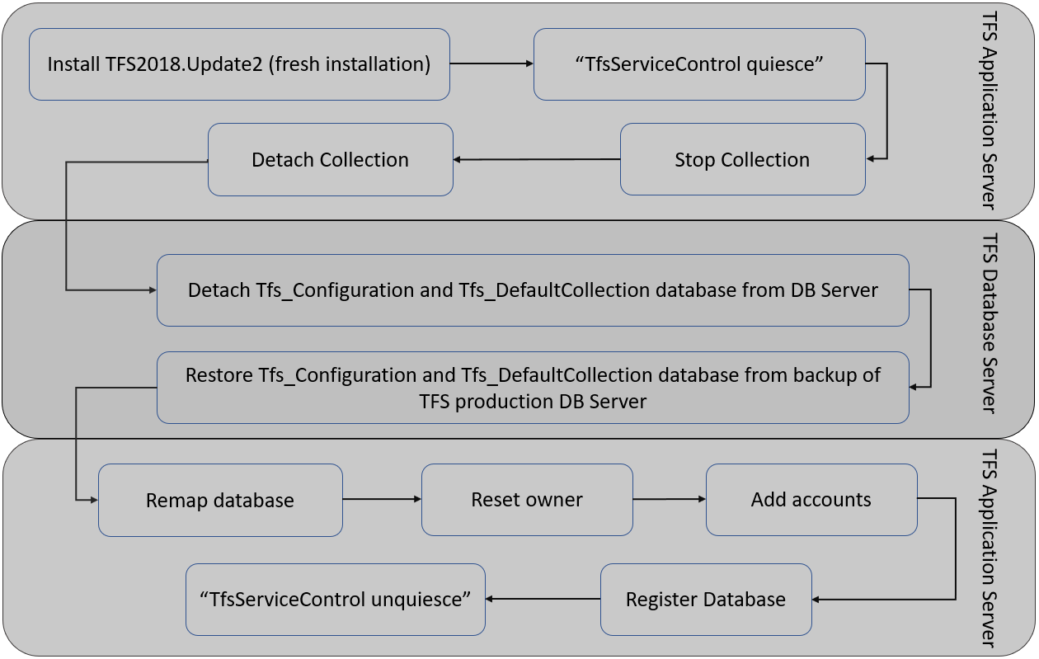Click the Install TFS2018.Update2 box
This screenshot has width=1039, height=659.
[239, 64]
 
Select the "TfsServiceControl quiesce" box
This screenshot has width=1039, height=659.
[699, 64]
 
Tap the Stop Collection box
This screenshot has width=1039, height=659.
[742, 160]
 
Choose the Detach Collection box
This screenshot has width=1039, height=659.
[330, 160]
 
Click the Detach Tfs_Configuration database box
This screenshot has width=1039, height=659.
[533, 290]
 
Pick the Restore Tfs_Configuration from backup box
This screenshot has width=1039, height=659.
[533, 388]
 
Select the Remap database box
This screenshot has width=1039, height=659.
[220, 500]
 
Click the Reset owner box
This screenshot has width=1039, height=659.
[527, 500]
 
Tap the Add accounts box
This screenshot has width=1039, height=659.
[811, 500]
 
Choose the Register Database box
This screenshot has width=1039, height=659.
[706, 600]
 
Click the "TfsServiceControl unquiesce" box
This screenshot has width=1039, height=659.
[336, 600]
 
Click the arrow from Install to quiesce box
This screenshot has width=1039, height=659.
[491, 64]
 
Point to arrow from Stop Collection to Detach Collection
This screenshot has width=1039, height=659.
[536, 160]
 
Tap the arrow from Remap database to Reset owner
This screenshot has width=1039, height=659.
[382, 499]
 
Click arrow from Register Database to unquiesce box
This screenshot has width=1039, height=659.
[543, 599]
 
